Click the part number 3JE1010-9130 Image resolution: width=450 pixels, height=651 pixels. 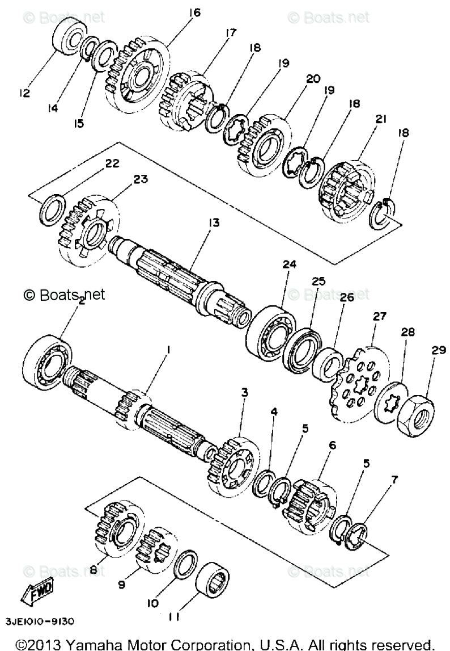point(40,621)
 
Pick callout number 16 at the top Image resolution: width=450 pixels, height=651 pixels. point(195,12)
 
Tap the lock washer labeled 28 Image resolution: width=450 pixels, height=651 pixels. point(392,402)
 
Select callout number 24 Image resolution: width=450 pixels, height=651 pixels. point(290,264)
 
